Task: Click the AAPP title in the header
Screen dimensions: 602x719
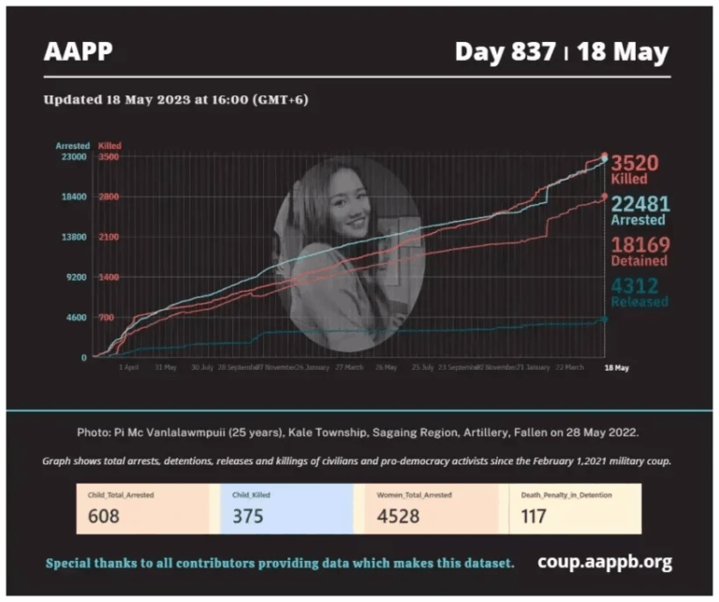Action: pos(78,51)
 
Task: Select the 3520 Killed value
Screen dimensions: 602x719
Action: pos(635,164)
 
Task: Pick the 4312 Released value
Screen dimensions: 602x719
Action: pos(635,286)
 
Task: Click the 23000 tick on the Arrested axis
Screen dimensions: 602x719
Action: pos(73,157)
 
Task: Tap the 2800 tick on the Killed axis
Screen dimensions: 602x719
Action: pos(109,198)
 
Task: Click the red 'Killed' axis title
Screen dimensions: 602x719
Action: pos(110,146)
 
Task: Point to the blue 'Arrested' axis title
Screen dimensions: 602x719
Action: pos(72,146)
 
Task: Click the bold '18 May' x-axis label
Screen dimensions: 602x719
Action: pos(616,368)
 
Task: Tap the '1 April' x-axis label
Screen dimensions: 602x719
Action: pos(129,368)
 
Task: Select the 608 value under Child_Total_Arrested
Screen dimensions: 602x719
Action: pos(105,516)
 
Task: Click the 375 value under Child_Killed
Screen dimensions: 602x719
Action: pos(247,516)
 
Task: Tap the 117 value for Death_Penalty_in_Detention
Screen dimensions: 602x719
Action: pos(535,516)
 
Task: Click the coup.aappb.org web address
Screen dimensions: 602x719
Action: pos(605,562)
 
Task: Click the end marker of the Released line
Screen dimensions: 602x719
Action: pos(604,319)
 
